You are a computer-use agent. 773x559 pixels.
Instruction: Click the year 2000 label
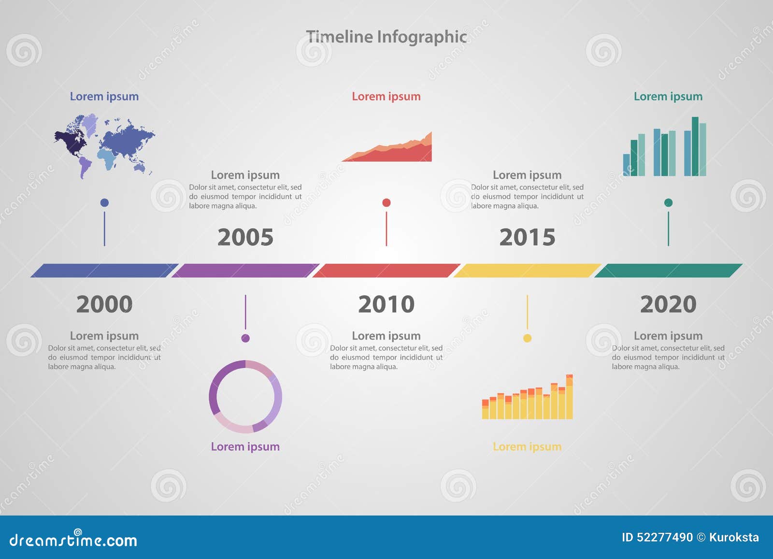click(x=104, y=304)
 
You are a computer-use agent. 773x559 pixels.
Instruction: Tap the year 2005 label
click(x=245, y=237)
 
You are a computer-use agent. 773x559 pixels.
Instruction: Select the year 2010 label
click(x=386, y=304)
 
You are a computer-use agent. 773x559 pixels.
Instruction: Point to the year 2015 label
click(x=527, y=237)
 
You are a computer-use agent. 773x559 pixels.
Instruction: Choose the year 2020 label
click(x=668, y=304)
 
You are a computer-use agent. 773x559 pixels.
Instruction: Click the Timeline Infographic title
click(x=386, y=37)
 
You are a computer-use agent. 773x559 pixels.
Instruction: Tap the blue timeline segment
click(x=104, y=271)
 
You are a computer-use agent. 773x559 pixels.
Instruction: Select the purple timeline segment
click(x=245, y=271)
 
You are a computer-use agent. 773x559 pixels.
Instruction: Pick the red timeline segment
click(x=386, y=271)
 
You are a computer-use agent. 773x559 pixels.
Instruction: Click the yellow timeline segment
click(x=527, y=271)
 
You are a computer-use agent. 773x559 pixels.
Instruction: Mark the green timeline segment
click(x=668, y=271)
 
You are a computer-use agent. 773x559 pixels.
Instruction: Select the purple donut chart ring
click(x=213, y=396)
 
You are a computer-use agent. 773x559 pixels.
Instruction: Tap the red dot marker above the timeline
click(x=386, y=202)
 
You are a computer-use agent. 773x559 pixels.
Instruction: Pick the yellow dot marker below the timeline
click(x=527, y=338)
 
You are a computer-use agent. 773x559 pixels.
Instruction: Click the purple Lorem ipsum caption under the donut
click(x=245, y=446)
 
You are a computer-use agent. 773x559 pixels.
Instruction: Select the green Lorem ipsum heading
click(x=668, y=97)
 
